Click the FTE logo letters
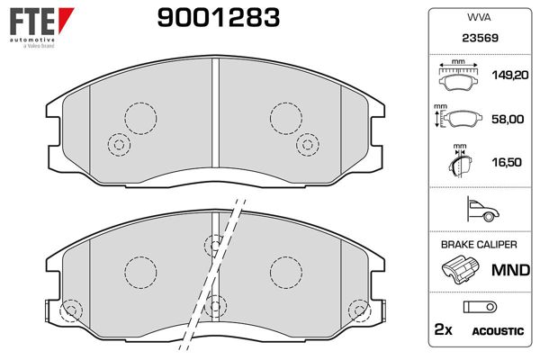click(x=32, y=22)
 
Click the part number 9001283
click(x=219, y=18)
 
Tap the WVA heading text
click(x=479, y=17)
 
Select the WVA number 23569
click(x=480, y=38)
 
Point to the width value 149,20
click(x=510, y=75)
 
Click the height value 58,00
click(x=508, y=119)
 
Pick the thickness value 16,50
click(x=507, y=162)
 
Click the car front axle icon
click(x=482, y=209)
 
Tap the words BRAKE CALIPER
click(x=479, y=245)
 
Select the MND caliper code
click(x=510, y=270)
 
